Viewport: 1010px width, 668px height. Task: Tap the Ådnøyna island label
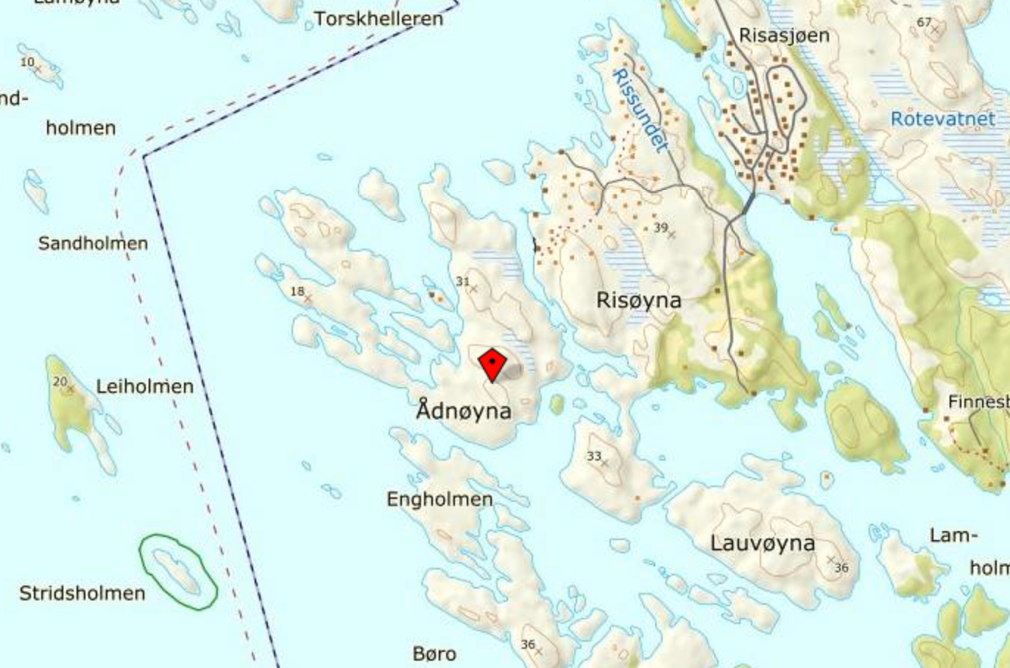point(464,410)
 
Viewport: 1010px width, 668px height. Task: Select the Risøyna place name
point(638,300)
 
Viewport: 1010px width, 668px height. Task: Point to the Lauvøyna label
point(763,544)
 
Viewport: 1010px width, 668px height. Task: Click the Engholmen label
point(439,500)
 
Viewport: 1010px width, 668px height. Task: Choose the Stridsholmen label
point(82,593)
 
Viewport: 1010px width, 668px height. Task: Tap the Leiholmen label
point(145,386)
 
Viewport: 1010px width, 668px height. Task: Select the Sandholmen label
point(93,243)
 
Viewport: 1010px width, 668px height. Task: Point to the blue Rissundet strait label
point(640,110)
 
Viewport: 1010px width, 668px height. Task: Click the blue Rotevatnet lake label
point(942,118)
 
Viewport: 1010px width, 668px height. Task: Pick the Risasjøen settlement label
point(784,35)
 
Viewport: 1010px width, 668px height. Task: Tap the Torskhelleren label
point(378,18)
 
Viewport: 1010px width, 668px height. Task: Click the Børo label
point(434,653)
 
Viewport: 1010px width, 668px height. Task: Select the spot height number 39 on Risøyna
point(660,228)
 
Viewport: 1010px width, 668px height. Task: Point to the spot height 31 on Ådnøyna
point(462,281)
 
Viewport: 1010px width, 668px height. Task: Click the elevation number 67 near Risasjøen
point(924,23)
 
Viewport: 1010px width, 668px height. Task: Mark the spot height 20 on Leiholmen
point(60,381)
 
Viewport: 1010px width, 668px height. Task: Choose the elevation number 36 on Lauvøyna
point(841,567)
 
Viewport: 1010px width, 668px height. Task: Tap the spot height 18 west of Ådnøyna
point(297,291)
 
